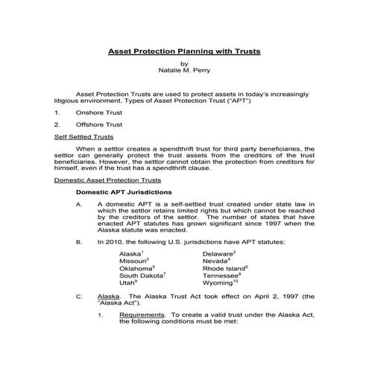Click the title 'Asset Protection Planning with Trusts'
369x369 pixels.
[184, 53]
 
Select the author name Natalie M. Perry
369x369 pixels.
[184, 72]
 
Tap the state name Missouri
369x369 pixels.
[133, 262]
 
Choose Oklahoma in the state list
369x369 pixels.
[136, 269]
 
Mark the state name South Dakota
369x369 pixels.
[141, 276]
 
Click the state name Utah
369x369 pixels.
[127, 283]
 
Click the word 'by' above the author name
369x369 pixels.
[184, 65]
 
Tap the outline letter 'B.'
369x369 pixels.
[79, 242]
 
